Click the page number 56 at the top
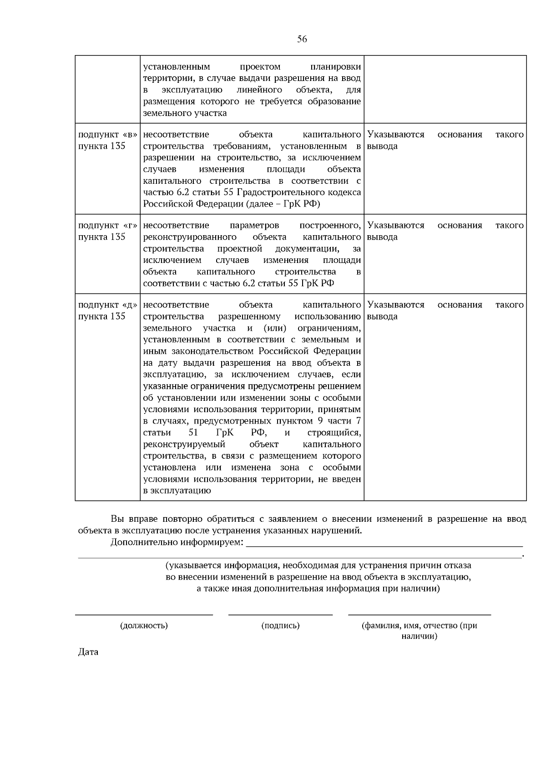(302, 39)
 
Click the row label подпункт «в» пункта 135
(107, 140)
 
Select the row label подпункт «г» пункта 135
(107, 231)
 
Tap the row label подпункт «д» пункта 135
(107, 311)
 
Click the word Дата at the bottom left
(88, 652)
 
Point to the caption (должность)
(144, 626)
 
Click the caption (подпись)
(280, 626)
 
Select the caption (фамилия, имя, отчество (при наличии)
(419, 631)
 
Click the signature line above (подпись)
(280, 615)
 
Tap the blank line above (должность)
(144, 615)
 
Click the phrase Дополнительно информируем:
(177, 543)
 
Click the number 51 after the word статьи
(193, 433)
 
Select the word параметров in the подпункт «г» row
(254, 225)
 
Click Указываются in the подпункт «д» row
(395, 305)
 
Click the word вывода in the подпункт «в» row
(382, 146)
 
